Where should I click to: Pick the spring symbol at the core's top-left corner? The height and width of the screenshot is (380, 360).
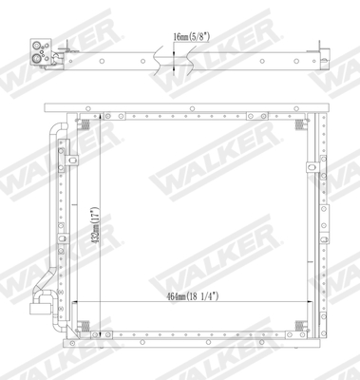tap(86, 123)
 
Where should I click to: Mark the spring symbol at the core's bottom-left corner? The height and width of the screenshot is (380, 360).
tap(86, 326)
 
